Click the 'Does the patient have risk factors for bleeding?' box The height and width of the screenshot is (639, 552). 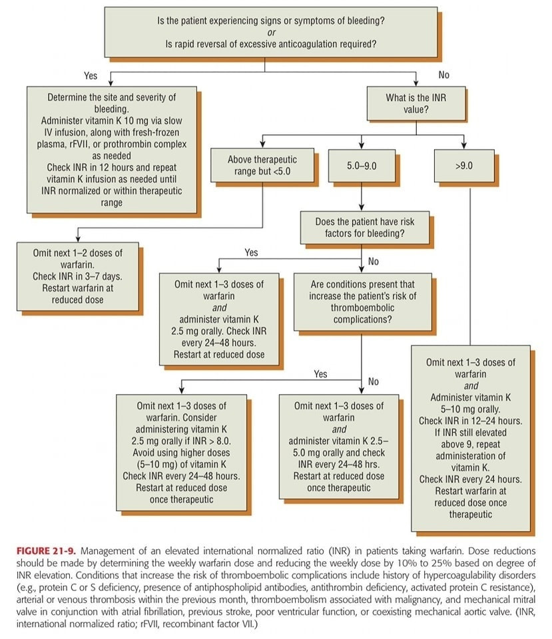pyautogui.click(x=366, y=227)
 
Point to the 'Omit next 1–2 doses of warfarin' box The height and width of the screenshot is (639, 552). pyautogui.click(x=78, y=276)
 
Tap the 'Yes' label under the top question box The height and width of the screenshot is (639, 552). pyautogui.click(x=91, y=75)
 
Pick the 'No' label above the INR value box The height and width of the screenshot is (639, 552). pyautogui.click(x=444, y=75)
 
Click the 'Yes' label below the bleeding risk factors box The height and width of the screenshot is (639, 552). pyautogui.click(x=251, y=253)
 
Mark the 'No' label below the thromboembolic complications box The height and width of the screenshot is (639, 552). pyautogui.click(x=374, y=381)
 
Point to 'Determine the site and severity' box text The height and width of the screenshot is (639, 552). pyautogui.click(x=112, y=97)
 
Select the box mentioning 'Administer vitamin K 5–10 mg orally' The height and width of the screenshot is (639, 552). pyautogui.click(x=471, y=439)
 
